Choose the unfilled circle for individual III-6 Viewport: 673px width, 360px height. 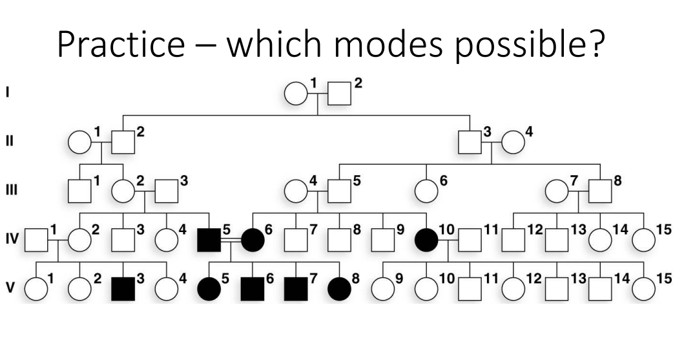pos(426,191)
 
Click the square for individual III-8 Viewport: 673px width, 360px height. pos(600,191)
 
